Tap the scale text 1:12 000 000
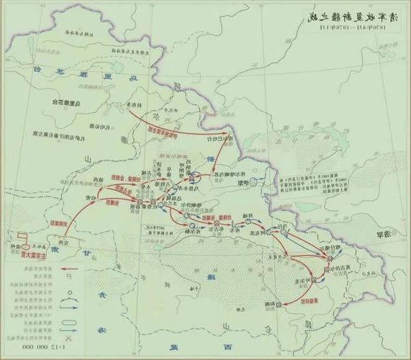point(35,347)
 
